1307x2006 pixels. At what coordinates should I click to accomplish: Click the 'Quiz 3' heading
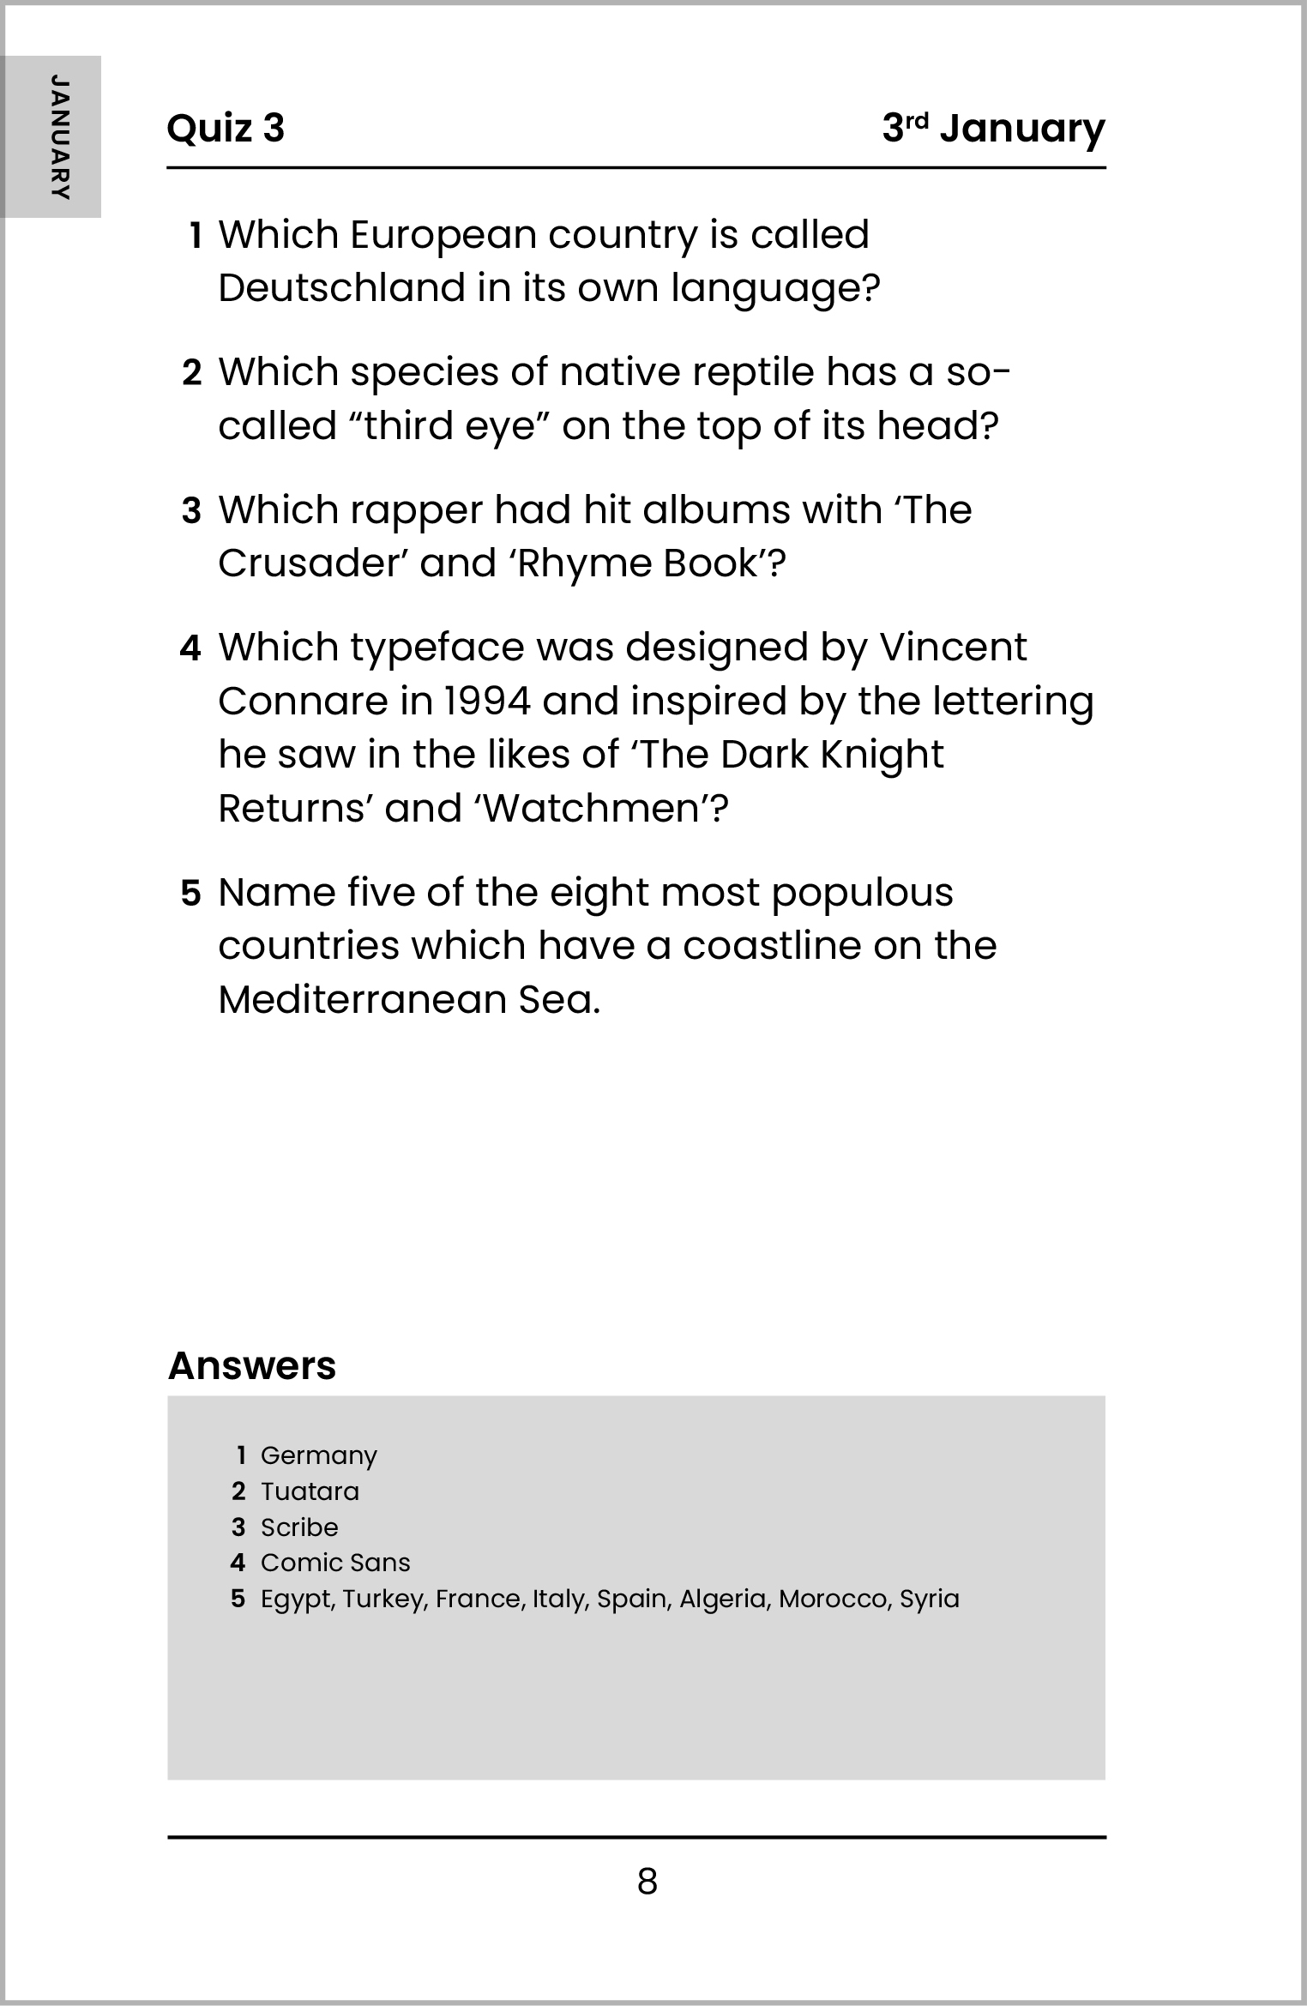tap(225, 129)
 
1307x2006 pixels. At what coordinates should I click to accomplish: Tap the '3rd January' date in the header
tap(993, 129)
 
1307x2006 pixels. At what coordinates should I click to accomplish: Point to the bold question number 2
tap(192, 373)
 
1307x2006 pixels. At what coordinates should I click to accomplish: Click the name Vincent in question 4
tap(953, 648)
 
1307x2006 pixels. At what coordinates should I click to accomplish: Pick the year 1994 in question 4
tap(485, 702)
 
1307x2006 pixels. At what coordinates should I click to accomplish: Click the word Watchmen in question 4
tap(593, 809)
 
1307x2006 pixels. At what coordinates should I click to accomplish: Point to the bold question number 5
tap(190, 894)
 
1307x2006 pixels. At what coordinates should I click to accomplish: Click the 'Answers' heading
tap(252, 1365)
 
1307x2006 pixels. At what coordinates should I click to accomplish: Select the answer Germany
tap(318, 1455)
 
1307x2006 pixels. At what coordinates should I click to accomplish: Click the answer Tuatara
tap(310, 1491)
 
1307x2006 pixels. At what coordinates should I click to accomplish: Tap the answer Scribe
tap(299, 1527)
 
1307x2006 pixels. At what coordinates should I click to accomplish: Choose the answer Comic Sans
tap(335, 1563)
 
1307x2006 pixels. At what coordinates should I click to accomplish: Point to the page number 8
tap(647, 1881)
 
